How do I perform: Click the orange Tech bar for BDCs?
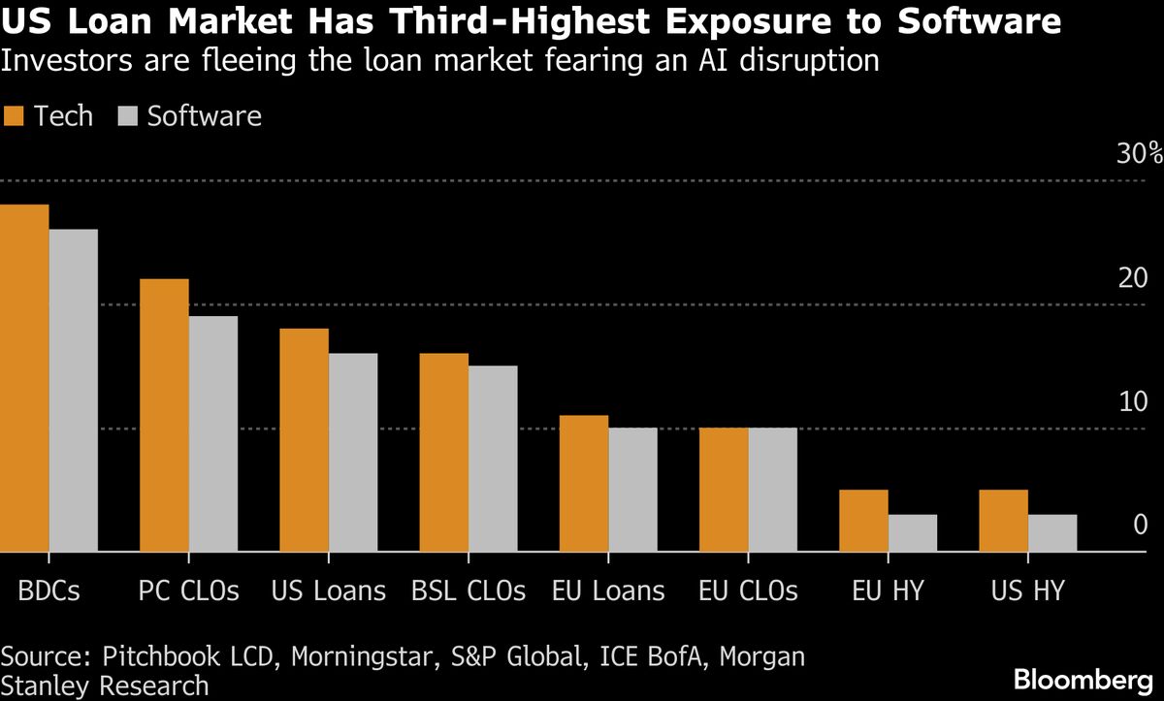[x=24, y=378]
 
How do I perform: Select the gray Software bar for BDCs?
[x=74, y=391]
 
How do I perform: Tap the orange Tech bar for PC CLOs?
[x=164, y=416]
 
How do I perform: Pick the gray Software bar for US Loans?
[x=353, y=453]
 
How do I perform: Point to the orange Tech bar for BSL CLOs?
[x=444, y=453]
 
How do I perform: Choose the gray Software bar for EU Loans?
[x=632, y=490]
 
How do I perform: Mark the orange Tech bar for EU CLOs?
[x=724, y=490]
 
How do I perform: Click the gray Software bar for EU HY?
[x=913, y=533]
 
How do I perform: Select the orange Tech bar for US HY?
[x=1004, y=521]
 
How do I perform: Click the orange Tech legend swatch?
[x=13, y=117]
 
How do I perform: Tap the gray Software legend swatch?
[x=128, y=117]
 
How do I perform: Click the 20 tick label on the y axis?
[x=1133, y=278]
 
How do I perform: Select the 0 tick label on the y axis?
[x=1140, y=526]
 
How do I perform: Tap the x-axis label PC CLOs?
[x=189, y=590]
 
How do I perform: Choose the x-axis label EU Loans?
[x=608, y=590]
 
